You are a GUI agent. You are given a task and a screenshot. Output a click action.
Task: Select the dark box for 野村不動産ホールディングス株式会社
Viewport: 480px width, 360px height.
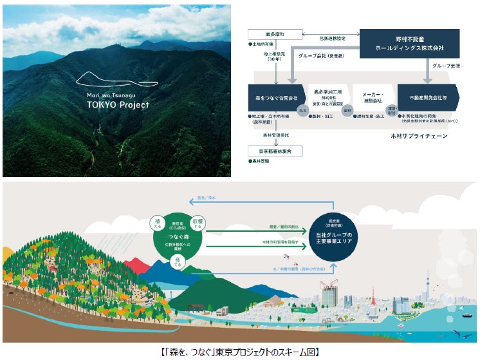(x=409, y=44)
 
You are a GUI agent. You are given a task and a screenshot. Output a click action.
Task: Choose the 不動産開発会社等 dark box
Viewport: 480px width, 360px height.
(x=429, y=98)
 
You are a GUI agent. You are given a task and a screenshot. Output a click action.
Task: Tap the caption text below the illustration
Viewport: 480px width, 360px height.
(x=239, y=352)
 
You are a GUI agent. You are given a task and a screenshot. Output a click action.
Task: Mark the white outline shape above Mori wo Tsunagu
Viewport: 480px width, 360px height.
(x=116, y=81)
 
